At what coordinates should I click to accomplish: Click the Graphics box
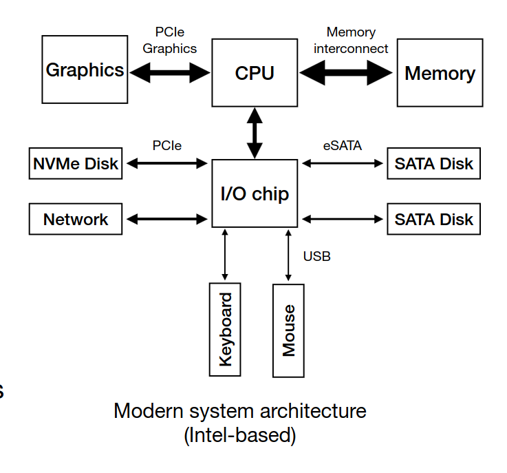[x=85, y=70]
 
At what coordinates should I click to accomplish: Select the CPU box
[x=255, y=72]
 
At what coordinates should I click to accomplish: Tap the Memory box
[x=440, y=73]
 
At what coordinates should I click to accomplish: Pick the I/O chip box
[x=255, y=193]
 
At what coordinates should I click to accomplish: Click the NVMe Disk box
[x=76, y=164]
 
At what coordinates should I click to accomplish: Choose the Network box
[x=76, y=220]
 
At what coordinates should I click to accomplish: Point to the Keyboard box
[x=225, y=329]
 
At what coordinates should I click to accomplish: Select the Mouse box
[x=288, y=330]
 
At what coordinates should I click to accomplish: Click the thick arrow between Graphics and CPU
[x=169, y=71]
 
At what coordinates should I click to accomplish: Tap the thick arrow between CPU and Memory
[x=347, y=72]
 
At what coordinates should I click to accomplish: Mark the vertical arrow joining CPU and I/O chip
[x=255, y=133]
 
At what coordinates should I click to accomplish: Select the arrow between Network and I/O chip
[x=167, y=220]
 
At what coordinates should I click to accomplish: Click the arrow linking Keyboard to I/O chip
[x=225, y=254]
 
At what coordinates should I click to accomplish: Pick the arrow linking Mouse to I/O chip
[x=288, y=254]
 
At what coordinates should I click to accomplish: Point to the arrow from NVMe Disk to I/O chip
[x=167, y=164]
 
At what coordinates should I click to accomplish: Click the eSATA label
[x=342, y=146]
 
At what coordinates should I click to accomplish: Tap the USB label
[x=316, y=256]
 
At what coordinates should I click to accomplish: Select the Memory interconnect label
[x=352, y=41]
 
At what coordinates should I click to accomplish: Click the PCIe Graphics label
[x=169, y=41]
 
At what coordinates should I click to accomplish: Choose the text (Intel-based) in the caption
[x=239, y=435]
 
